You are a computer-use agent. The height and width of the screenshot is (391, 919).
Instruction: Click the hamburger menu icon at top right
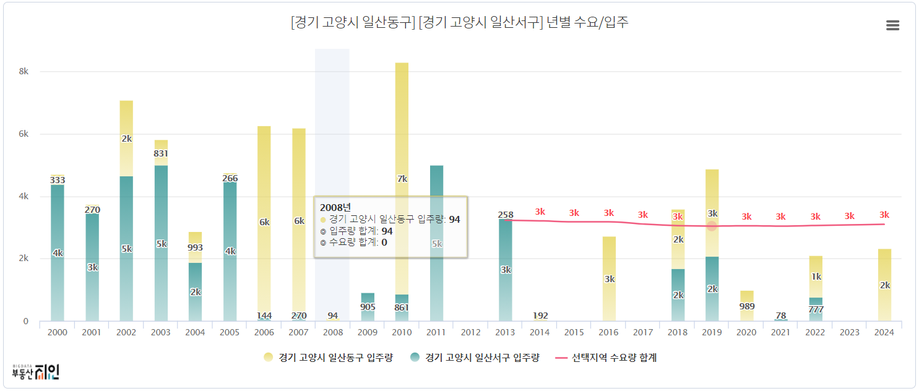892,25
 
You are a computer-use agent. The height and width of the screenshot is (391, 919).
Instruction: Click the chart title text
459,23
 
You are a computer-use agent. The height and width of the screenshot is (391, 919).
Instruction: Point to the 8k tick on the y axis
24,72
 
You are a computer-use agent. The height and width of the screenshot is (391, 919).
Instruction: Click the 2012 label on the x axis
470,333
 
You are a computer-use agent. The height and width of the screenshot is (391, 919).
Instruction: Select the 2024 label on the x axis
884,333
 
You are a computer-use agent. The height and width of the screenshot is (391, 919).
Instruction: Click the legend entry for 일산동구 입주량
328,358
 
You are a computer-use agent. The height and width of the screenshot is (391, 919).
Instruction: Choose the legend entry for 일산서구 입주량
475,358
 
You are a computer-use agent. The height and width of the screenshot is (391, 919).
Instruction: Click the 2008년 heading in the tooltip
334,207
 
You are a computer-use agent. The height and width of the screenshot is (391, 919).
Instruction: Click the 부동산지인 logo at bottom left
36,371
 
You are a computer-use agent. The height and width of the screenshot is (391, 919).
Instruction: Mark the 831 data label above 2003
161,153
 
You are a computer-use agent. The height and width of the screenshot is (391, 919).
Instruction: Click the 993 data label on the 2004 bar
196,247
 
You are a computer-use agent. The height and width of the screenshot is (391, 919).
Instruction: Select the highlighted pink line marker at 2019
712,226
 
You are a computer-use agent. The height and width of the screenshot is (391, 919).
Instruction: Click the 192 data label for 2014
540,316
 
